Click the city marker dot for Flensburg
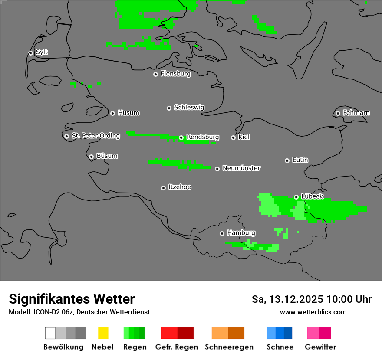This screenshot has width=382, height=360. [155, 74]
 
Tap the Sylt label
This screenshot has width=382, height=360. [42, 52]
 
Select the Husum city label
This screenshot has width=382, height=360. [128, 113]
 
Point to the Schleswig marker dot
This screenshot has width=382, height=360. [169, 108]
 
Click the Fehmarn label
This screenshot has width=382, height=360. [356, 113]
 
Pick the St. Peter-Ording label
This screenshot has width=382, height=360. [95, 136]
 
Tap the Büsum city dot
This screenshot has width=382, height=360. [91, 157]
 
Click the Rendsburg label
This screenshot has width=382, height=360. [203, 137]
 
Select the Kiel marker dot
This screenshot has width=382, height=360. [233, 137]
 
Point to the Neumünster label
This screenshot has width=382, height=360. [241, 168]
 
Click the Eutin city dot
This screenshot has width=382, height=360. [287, 160]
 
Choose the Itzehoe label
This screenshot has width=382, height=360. [180, 187]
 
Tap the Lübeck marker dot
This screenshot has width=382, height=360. [296, 197]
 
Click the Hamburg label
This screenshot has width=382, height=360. [241, 233]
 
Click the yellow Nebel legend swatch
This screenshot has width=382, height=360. [103, 333]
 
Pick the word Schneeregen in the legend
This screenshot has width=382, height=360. [229, 347]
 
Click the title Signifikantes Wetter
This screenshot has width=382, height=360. [72, 299]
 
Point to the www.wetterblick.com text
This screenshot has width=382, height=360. [313, 312]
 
